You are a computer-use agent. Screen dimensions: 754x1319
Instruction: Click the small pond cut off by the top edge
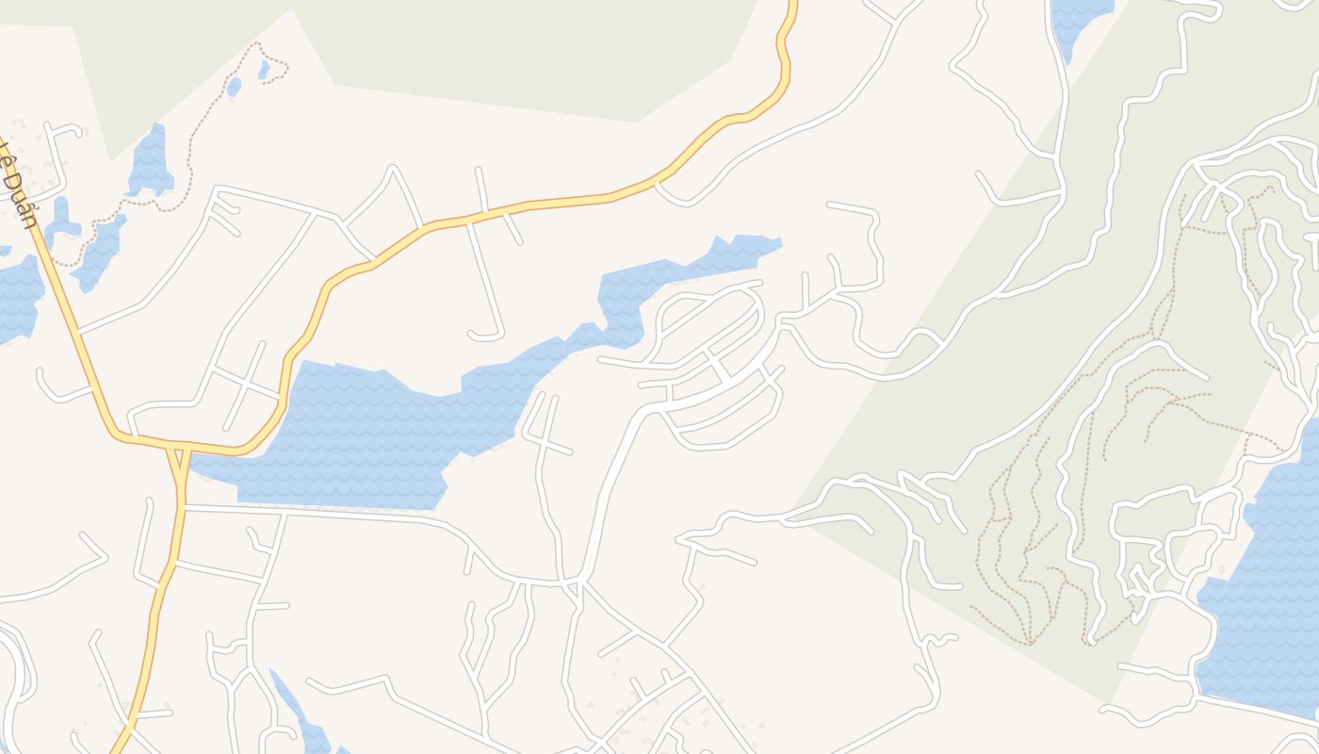tap(1079, 19)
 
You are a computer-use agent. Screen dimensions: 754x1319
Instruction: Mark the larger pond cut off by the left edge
tap(17, 297)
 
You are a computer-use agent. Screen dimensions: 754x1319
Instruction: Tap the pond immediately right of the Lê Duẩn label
tap(62, 221)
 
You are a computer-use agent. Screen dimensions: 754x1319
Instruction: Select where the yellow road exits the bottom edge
tap(117, 750)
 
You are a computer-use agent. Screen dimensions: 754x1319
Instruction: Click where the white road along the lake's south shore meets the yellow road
tap(185, 507)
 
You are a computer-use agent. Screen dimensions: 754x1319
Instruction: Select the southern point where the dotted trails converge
tap(1030, 644)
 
